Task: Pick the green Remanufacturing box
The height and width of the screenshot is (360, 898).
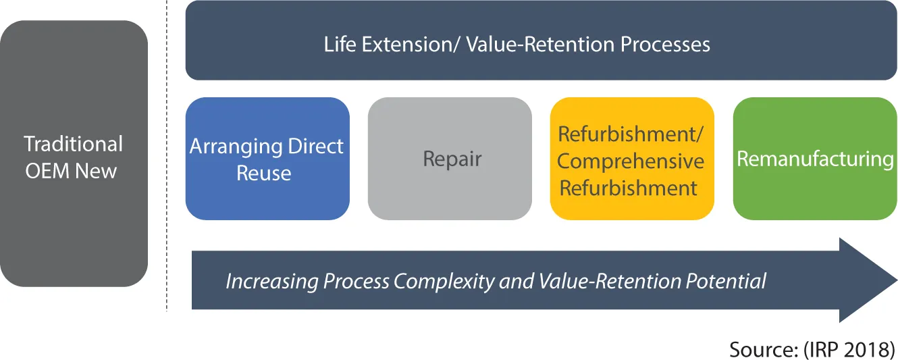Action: click(x=815, y=159)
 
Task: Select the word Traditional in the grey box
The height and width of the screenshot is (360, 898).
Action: click(x=74, y=145)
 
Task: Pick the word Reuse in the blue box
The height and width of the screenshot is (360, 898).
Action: click(x=264, y=173)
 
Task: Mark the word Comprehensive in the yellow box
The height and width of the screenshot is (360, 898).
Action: click(x=631, y=161)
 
